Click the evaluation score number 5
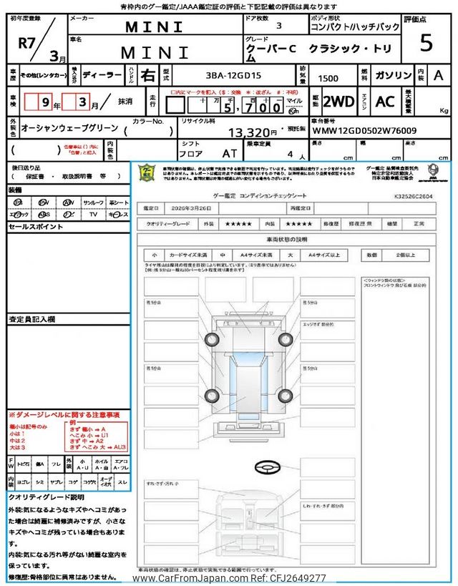coord(427,43)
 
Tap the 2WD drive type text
coord(338,102)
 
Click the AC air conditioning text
coord(385,102)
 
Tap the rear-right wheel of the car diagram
coord(286,395)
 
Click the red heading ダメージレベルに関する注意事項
coord(67,415)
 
